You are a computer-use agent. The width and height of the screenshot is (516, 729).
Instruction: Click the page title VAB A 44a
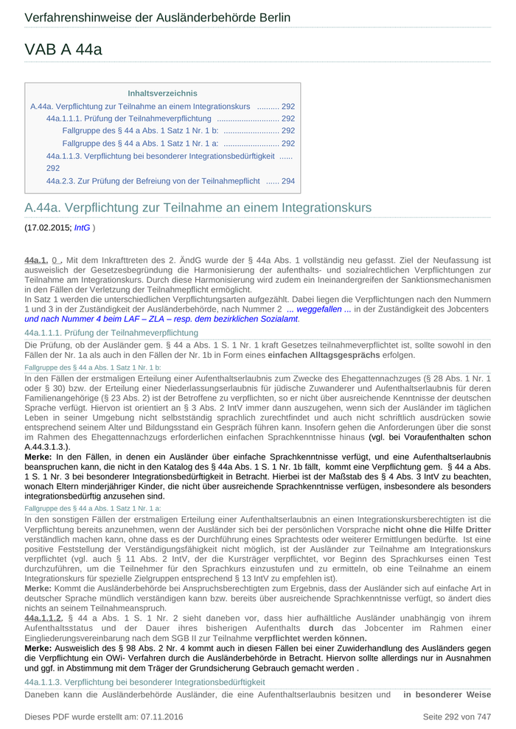[x=63, y=50]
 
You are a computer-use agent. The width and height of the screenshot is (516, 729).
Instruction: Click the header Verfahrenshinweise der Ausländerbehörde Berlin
[x=157, y=18]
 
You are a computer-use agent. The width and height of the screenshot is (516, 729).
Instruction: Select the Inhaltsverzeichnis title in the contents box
[x=162, y=94]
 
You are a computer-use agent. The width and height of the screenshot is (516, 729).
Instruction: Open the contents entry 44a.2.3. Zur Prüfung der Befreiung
[x=153, y=180]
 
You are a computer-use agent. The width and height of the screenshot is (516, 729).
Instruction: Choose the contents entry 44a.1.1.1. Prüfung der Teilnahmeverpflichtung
[x=128, y=119]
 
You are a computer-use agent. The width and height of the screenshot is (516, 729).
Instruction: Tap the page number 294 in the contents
[x=288, y=180]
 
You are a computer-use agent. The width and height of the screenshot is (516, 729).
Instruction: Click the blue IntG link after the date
[x=82, y=228]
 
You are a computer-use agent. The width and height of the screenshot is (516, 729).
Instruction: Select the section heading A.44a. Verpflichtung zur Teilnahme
[x=198, y=208]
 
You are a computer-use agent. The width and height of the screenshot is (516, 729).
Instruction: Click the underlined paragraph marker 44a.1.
[x=36, y=260]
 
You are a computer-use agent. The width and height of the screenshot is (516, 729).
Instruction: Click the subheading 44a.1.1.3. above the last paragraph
[x=144, y=683]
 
